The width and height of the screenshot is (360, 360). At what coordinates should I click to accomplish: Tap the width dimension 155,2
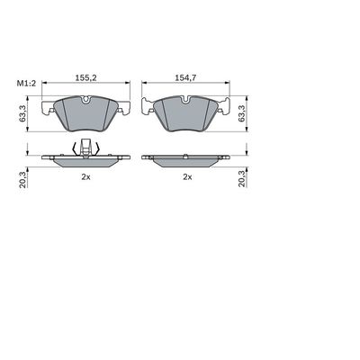tap(85, 78)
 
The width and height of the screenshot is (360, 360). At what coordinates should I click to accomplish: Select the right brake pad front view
tap(186, 114)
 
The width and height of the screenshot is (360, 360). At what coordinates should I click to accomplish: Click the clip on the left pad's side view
tap(84, 149)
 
